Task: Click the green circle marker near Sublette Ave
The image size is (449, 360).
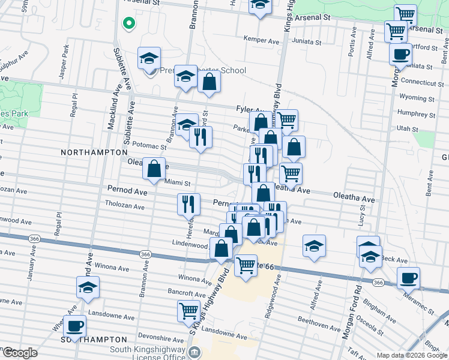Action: tap(128, 23)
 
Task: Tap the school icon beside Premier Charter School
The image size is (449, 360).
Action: tap(149, 59)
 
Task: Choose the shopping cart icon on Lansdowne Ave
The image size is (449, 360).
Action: tap(188, 311)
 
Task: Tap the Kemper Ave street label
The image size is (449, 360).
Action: tap(262, 40)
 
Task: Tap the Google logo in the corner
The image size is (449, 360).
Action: tap(20, 353)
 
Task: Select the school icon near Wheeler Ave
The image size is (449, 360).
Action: tap(88, 287)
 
